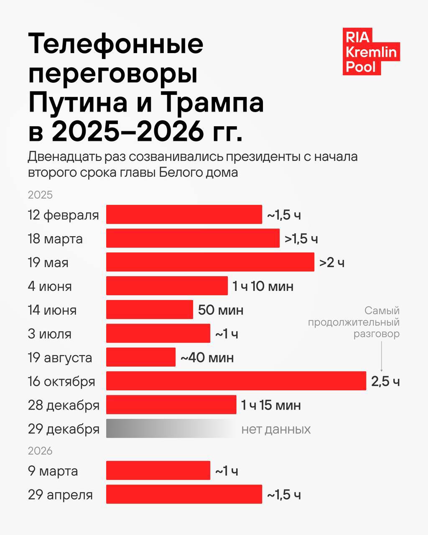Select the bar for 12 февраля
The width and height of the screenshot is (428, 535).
pos(184,214)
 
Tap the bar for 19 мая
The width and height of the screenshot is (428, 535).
pos(210,262)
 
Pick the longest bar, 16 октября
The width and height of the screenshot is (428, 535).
pos(236,381)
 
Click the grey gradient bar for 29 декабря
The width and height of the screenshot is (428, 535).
pos(171,428)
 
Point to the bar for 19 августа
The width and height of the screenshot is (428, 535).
pos(141,357)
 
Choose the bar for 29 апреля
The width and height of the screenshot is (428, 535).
pos(184,494)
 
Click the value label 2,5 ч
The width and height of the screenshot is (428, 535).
pos(385,381)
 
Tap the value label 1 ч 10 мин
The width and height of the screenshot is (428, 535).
pos(263,286)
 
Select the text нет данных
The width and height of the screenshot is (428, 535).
pos(276,429)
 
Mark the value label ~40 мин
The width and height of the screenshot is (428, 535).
pos(207,358)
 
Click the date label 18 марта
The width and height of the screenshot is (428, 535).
pos(55,239)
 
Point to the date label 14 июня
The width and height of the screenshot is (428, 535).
pos(52,310)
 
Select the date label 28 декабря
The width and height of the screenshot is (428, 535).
pos(64,405)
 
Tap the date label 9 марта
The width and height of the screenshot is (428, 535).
pos(53,471)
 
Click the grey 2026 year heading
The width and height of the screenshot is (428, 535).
pos(40,451)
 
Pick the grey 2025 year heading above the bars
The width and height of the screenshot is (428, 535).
pos(40,195)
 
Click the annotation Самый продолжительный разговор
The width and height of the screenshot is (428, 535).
pos(354,322)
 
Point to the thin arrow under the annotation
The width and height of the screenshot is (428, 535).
pos(381,356)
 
